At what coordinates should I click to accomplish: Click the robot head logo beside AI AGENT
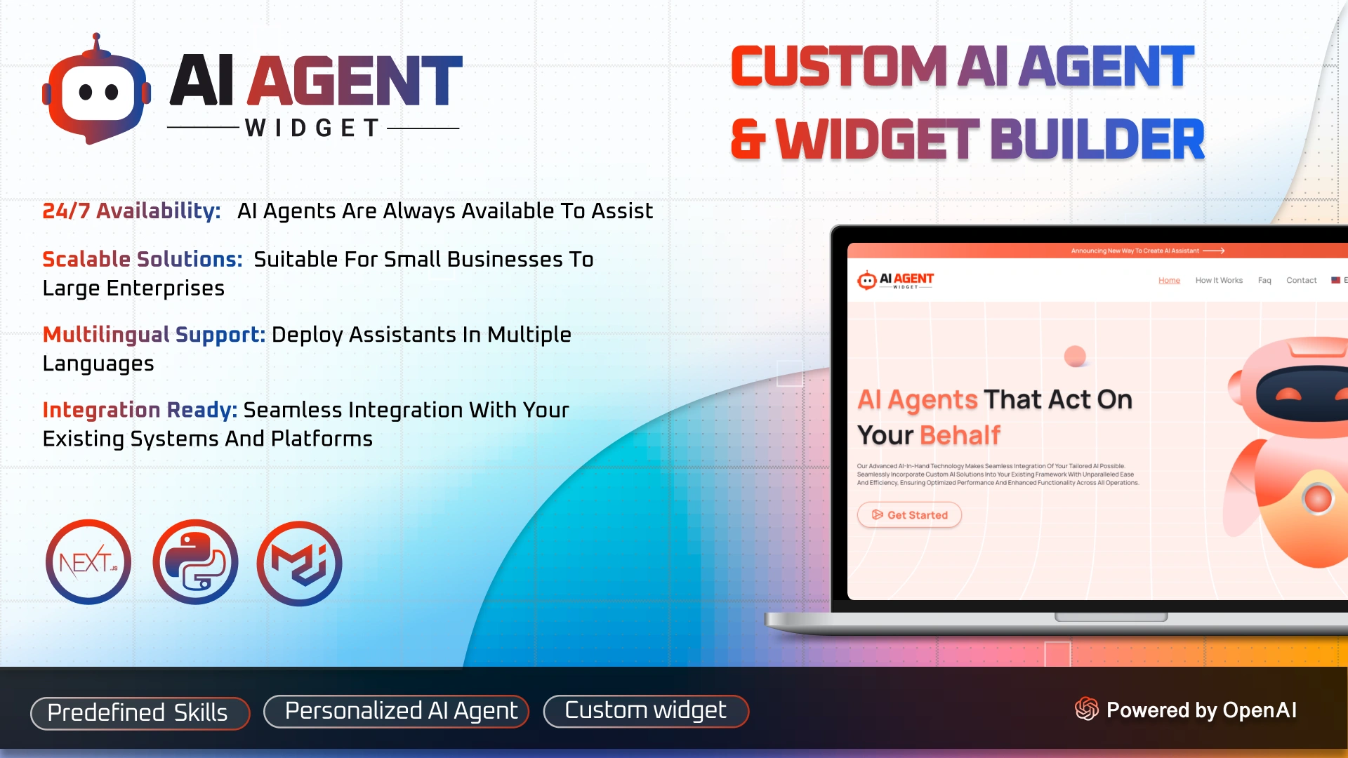pos(96,91)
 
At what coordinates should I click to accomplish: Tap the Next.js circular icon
pos(88,562)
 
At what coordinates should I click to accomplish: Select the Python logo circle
pos(195,562)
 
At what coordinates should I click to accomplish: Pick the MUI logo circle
pos(300,564)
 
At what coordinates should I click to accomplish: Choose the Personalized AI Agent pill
pos(396,712)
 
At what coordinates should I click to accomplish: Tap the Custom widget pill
pos(646,711)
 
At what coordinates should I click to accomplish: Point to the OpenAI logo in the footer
pos(1086,709)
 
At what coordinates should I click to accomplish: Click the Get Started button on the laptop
pos(909,514)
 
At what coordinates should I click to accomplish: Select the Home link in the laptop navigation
pos(1169,280)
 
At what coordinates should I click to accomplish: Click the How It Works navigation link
pos(1219,280)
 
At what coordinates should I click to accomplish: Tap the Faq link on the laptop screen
pos(1264,280)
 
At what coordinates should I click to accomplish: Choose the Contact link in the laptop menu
pos(1301,280)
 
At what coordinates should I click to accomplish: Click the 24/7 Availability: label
pos(131,211)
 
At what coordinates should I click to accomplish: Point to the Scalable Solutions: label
pos(143,259)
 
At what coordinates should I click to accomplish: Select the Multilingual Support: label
pos(154,334)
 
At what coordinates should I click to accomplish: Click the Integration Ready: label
pos(140,410)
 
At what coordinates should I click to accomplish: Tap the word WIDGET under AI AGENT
pos(312,128)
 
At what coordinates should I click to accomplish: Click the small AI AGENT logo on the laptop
pos(896,280)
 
